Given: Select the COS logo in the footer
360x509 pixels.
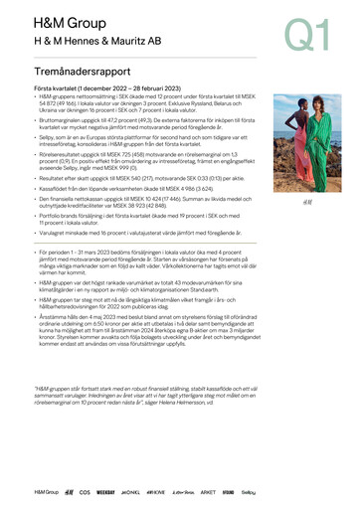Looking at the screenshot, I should click(x=85, y=491).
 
